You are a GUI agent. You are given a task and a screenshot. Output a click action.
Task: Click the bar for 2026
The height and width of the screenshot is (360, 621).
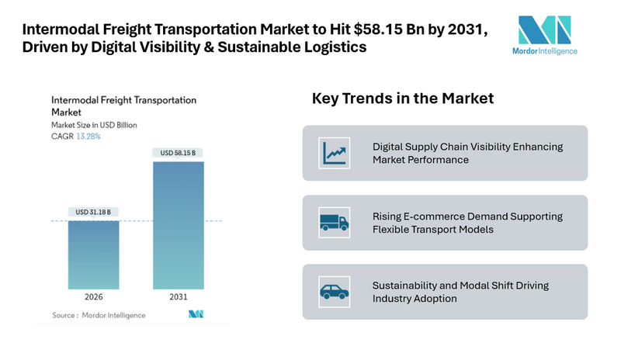pos(93,255)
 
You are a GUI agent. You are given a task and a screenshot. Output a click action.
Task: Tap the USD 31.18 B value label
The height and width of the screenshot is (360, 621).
pos(93,212)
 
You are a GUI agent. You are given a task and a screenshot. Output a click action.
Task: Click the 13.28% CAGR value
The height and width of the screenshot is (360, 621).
pos(88,136)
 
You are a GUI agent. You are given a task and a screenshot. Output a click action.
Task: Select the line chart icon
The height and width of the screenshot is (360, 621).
pos(335,153)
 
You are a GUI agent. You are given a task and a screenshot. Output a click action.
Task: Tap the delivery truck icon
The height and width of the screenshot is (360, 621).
pos(335,223)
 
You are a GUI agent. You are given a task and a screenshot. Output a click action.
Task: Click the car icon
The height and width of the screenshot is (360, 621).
pos(335,292)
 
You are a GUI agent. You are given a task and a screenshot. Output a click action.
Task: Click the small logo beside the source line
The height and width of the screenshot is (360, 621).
pos(196,314)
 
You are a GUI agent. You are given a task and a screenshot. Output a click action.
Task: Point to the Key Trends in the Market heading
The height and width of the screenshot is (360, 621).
pos(403,99)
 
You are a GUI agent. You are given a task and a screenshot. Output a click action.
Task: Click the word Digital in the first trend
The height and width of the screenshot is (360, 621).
pos(389,146)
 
